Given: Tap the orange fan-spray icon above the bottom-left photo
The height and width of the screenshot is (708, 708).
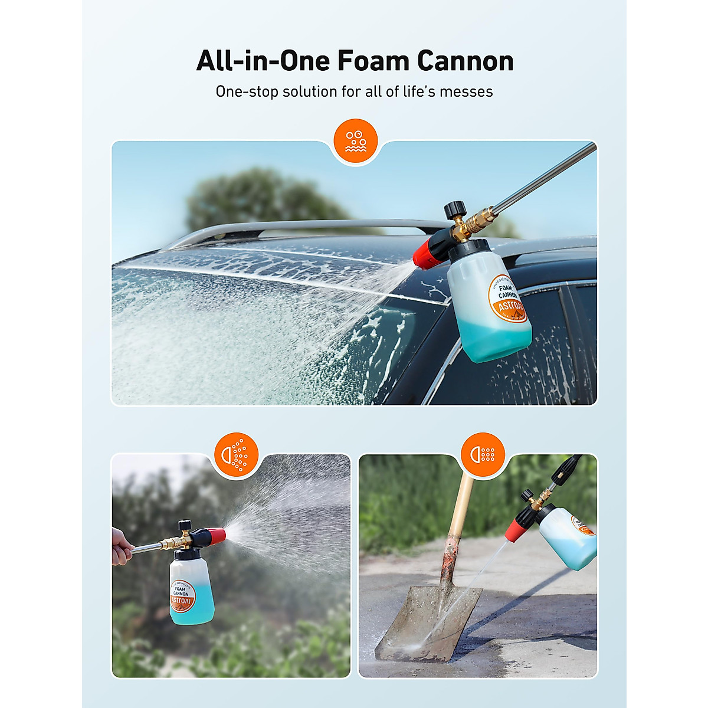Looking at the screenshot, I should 236,454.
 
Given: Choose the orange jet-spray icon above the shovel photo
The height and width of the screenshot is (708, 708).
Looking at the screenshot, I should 483,454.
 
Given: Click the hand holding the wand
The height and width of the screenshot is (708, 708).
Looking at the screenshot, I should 121,546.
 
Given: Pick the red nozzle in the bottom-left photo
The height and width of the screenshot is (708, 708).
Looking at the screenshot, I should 215,536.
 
